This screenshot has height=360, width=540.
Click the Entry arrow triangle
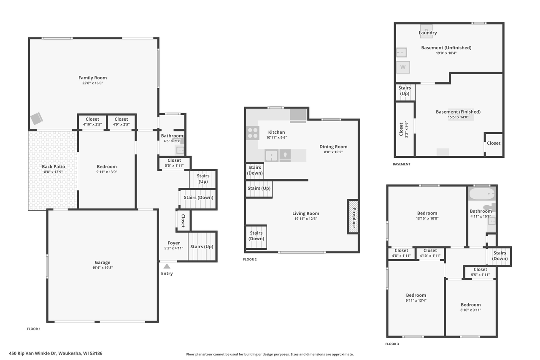click(167, 266)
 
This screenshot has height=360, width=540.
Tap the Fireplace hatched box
click(353, 217)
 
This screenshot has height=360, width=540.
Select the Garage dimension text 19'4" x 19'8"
click(103, 268)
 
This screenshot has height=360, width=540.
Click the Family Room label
click(92, 78)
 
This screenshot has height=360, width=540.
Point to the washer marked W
click(403, 67)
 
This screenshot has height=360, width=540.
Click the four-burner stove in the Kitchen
click(253, 133)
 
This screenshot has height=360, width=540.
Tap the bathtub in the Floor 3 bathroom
click(482, 193)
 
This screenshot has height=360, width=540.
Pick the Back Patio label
click(53, 166)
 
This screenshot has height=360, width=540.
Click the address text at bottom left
click(56, 353)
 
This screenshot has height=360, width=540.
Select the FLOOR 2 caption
click(250, 260)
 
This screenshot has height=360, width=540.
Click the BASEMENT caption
click(401, 164)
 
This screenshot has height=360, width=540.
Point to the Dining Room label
click(333, 146)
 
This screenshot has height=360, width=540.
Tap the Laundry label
click(428, 33)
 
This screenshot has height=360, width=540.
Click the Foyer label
click(173, 243)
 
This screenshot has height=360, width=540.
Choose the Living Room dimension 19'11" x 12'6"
click(306, 219)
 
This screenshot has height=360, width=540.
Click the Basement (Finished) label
click(458, 112)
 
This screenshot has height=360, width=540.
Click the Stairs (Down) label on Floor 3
click(500, 256)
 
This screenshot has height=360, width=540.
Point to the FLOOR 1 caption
click(34, 329)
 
